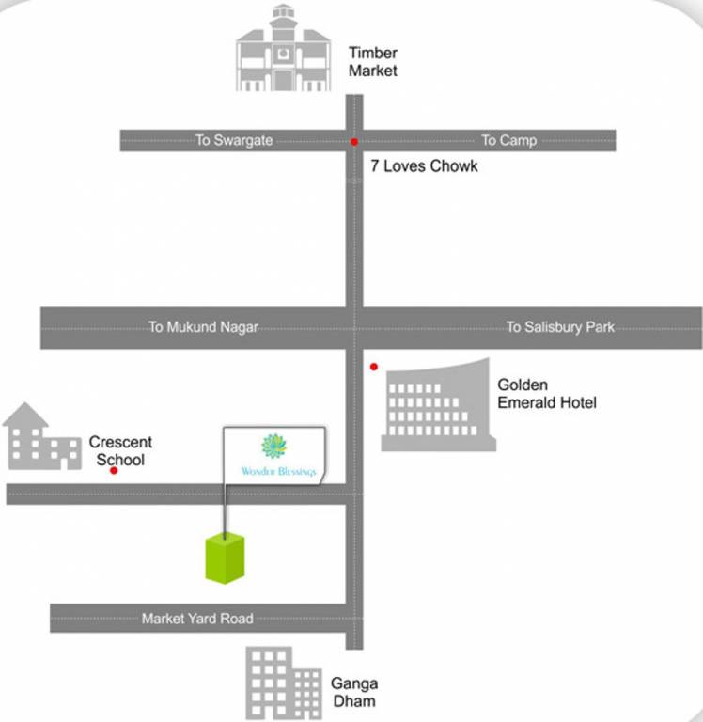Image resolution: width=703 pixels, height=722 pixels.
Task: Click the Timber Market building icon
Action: point(283,49)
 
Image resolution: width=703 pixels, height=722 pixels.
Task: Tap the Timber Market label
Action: point(372,62)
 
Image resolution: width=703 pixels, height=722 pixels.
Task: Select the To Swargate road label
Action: point(234,140)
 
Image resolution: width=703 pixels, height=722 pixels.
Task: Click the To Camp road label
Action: point(508,140)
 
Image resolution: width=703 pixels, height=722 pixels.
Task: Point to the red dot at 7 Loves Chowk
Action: point(354,142)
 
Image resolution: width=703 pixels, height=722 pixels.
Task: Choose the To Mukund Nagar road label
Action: point(203,327)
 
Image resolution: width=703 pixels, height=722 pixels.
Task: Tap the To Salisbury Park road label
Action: point(560,327)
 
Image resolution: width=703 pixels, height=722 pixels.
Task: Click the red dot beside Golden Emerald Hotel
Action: point(374,367)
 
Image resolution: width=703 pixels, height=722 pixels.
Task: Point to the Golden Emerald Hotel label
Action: point(546,394)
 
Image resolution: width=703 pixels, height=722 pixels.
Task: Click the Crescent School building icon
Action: point(41,437)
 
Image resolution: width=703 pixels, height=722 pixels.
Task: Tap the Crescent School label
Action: point(120,450)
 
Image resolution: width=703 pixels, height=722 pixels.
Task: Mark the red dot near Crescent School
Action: point(114,470)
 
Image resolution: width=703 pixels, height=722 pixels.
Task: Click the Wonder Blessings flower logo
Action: point(273,446)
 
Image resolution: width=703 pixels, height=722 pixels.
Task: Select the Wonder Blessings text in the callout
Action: point(278,470)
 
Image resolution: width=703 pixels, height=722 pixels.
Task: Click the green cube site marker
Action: point(226,557)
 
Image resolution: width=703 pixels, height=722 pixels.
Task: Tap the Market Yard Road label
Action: point(197,619)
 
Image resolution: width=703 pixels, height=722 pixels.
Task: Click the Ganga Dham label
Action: point(353,692)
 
